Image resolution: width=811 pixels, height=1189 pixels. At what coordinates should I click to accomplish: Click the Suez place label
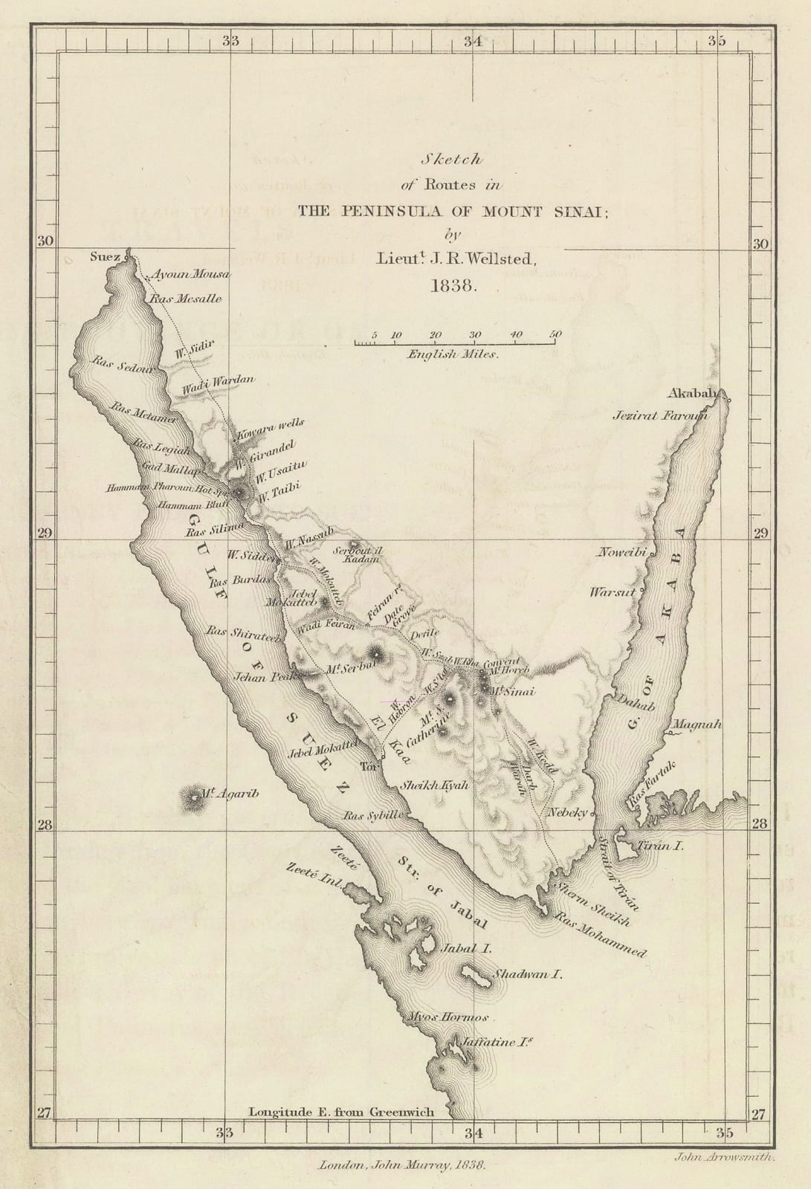104,257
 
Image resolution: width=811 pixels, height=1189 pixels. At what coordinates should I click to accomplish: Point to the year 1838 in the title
452,285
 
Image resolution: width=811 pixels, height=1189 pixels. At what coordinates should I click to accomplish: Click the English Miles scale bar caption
452,355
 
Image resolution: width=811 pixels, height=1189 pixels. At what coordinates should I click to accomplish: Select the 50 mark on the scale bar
555,334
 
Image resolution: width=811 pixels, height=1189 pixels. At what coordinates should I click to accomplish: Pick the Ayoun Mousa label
191,274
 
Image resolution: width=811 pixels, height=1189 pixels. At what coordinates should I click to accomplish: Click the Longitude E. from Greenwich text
340,1112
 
